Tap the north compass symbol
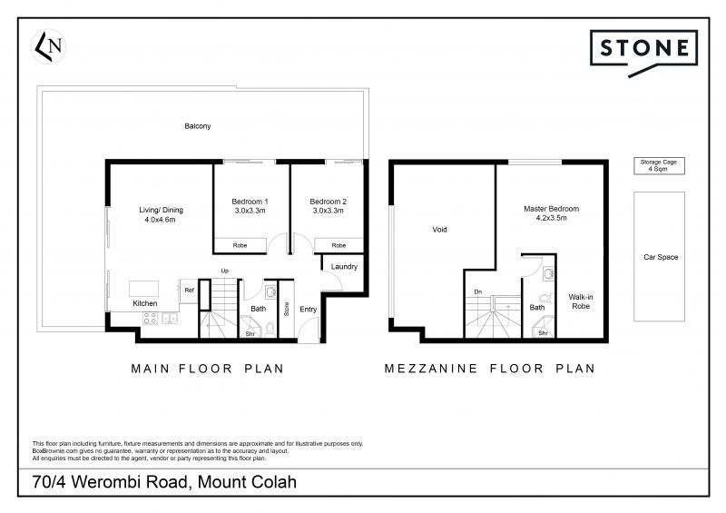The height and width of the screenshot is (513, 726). coord(49,46)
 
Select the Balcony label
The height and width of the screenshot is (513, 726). coord(197,126)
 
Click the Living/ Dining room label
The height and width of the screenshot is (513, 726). coord(162,210)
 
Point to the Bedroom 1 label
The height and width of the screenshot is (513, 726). coord(250,202)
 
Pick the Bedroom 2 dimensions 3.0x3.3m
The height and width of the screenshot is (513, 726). coord(329,211)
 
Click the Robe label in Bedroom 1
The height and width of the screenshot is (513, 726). coord(240,246)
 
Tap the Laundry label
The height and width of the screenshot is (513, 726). coord(344,266)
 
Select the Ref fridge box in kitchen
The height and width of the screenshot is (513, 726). coord(189,291)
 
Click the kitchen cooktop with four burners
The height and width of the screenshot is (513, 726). coord(150,318)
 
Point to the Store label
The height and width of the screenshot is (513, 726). coord(286,309)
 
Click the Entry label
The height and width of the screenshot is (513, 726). coord(308,309)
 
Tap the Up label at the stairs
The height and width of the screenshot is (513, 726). coord(224,271)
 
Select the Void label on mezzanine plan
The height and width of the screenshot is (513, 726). coord(439,230)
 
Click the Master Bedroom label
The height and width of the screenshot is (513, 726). coord(552,209)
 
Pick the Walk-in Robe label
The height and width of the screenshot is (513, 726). coord(581,301)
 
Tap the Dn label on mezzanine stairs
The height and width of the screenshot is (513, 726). coord(478,291)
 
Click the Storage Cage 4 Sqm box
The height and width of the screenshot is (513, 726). coord(659,166)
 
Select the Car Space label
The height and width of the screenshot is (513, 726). coord(661,257)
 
